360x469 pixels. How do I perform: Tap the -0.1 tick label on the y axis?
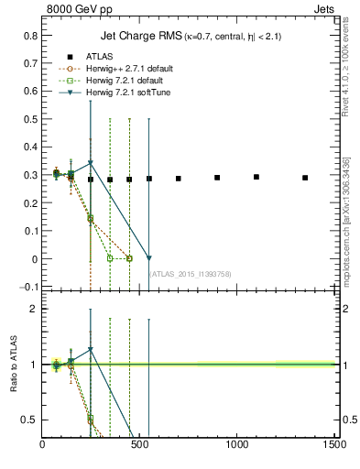point(26,287)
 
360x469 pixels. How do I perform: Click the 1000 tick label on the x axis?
point(237,444)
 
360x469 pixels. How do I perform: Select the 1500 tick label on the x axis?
point(334,444)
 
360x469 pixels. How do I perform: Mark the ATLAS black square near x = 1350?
point(305,178)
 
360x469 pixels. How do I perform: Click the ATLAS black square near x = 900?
point(217,178)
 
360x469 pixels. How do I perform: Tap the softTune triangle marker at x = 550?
point(149,258)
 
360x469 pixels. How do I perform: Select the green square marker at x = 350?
point(110,258)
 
